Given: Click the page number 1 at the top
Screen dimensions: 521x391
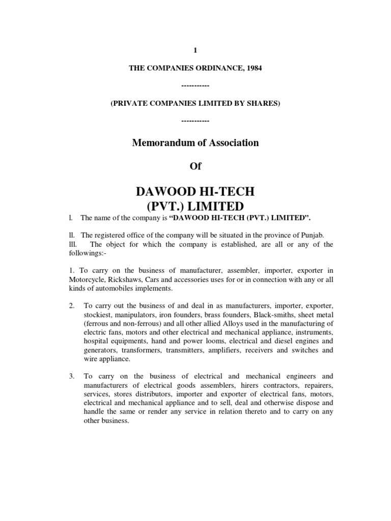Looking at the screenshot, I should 195,50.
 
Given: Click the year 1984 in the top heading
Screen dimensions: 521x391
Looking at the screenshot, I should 254,68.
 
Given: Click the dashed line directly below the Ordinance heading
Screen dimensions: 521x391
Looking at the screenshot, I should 195,86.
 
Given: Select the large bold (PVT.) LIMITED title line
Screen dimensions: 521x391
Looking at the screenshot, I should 195,206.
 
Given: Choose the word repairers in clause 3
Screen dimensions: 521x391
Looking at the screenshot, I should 318,386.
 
